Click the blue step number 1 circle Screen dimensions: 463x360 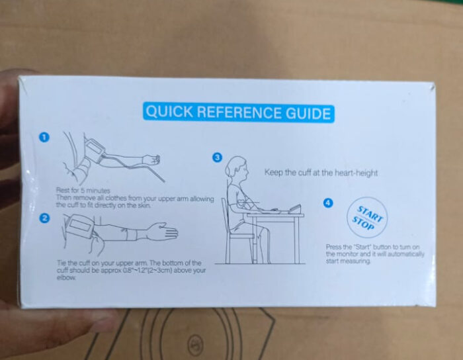[44, 138]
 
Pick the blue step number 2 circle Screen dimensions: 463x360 [44, 218]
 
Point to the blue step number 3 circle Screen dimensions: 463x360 [218, 157]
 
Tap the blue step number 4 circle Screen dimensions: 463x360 [328, 203]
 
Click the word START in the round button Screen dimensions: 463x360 [370, 214]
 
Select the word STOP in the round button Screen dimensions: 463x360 [363, 223]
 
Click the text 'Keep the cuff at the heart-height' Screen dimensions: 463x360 [321, 173]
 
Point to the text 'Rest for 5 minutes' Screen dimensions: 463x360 [83, 191]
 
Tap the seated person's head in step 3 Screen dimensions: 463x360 [237, 168]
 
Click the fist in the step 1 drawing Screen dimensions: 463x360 [151, 160]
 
